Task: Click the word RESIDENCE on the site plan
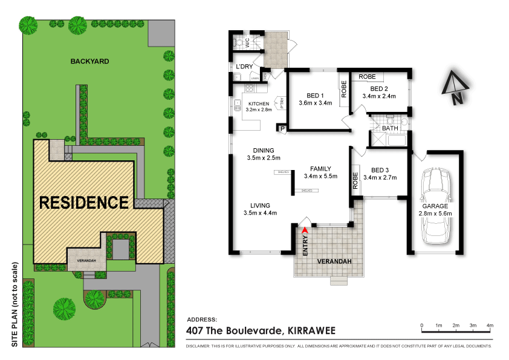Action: pos(84,202)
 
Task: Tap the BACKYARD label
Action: pos(89,61)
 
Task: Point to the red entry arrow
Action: pos(305,230)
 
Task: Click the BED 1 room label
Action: pos(316,96)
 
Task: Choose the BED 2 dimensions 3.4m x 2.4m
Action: pos(379,96)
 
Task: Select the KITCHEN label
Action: pos(259,104)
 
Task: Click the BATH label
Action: pos(390,128)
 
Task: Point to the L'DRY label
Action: pos(244,66)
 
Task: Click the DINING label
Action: pos(264,151)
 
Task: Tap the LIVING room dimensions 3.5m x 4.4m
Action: pos(260,213)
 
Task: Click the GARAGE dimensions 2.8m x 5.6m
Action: pos(435,213)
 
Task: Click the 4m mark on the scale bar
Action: pos(490,326)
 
